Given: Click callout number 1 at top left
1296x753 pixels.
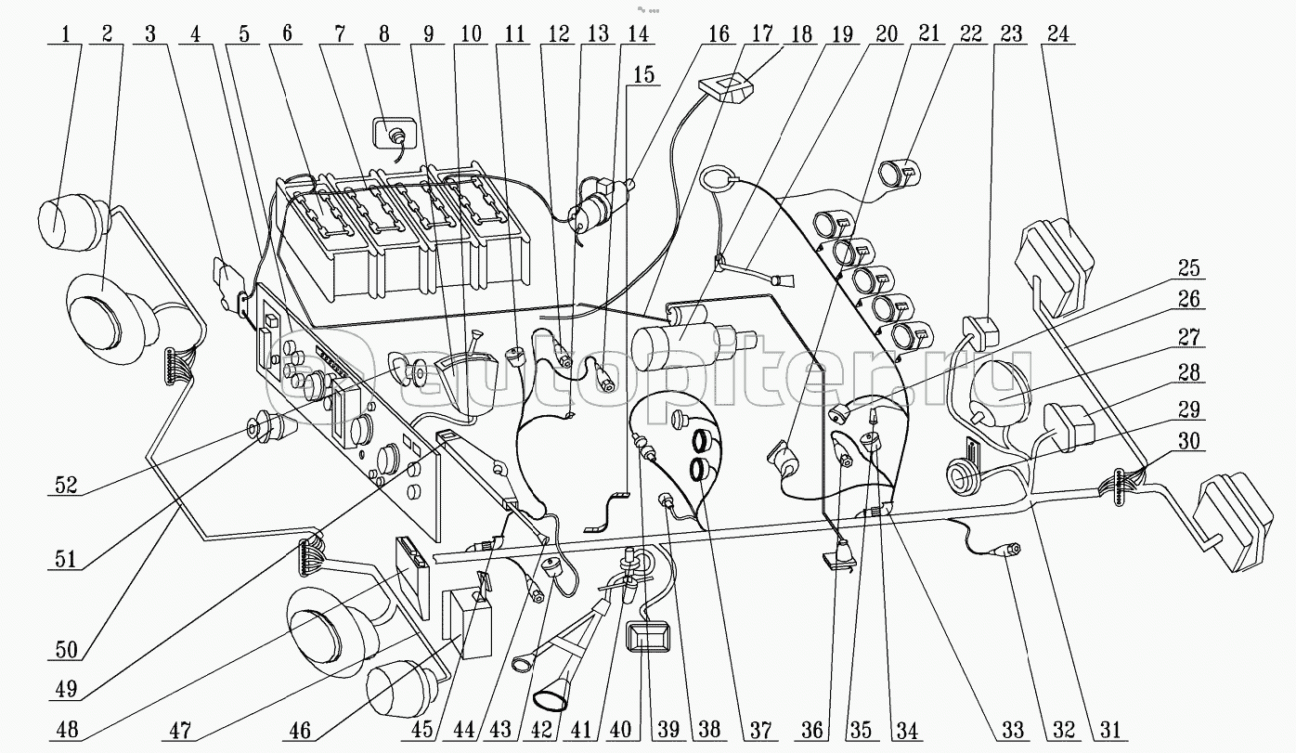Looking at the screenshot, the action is tap(65, 34).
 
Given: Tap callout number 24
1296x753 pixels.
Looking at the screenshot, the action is tap(1057, 34).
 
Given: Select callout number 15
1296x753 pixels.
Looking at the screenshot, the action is tap(643, 75).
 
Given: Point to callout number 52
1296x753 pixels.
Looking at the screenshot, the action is tap(66, 485).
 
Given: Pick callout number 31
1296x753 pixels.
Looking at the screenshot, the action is tap(1110, 730).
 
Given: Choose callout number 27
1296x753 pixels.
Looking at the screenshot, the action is tap(1189, 337).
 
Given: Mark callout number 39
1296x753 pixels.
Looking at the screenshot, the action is tap(668, 730).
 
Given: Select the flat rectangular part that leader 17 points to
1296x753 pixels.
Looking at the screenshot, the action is tap(727, 89).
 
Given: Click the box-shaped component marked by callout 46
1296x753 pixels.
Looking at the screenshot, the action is tap(466, 624).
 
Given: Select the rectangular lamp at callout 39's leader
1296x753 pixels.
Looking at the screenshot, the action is tap(649, 637).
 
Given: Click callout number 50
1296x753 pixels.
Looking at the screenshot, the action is tap(66, 650).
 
